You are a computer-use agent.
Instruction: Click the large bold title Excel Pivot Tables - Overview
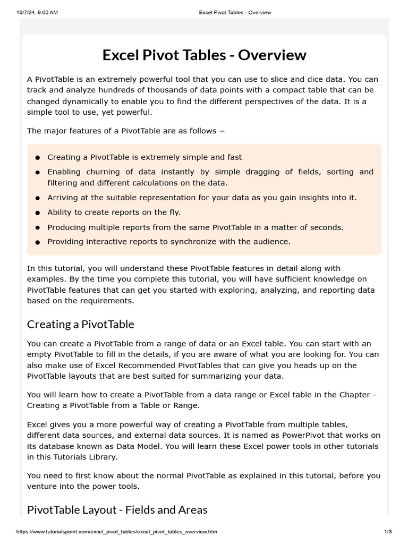[204, 55]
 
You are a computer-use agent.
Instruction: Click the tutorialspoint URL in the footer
[117, 532]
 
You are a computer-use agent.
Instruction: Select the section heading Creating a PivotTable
[80, 324]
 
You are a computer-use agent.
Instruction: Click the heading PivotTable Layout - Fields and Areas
[117, 509]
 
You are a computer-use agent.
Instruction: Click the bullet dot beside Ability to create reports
[38, 213]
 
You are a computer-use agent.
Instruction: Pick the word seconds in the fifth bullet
[326, 227]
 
